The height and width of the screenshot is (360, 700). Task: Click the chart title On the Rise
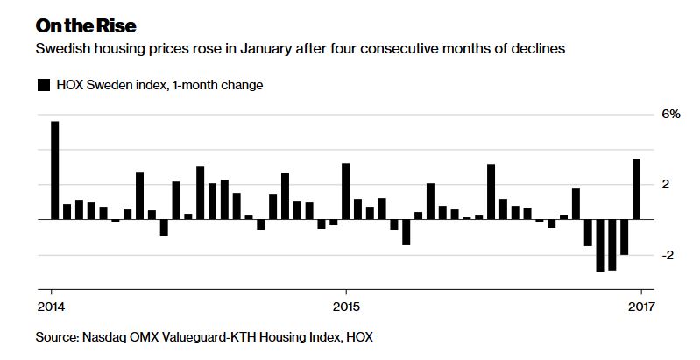(86, 26)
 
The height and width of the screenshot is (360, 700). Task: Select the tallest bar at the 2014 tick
(55, 170)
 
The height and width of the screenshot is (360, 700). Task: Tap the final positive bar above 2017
(637, 189)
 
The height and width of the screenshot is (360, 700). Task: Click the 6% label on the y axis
(671, 114)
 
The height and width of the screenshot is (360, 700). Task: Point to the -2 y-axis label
(668, 255)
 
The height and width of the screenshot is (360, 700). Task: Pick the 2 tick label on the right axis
(666, 185)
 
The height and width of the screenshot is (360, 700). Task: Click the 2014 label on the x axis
(51, 307)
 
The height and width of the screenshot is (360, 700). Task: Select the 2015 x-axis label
(346, 307)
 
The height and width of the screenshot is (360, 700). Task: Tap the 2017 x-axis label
(641, 307)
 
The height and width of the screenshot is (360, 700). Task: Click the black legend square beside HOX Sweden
(44, 85)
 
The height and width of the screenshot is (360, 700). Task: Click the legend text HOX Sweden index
(111, 85)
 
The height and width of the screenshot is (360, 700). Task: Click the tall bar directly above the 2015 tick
(345, 191)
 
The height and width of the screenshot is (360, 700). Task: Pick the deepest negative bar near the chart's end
(600, 246)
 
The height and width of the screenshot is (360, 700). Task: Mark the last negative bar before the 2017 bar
(624, 236)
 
